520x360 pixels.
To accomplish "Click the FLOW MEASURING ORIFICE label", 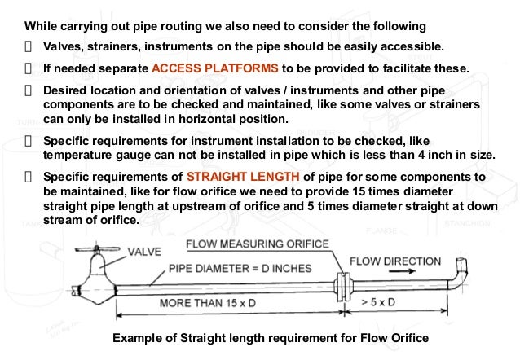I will pos(258,244).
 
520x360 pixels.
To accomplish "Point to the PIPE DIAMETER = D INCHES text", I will pos(236,268).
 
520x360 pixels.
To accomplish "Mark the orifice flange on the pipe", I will pos(341,287).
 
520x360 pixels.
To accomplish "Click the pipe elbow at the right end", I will pos(461,275).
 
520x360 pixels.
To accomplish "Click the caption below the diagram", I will pos(270,339).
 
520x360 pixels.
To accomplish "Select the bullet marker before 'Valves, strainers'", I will pos(29,45).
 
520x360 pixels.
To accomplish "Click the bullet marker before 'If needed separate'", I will pos(29,68).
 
